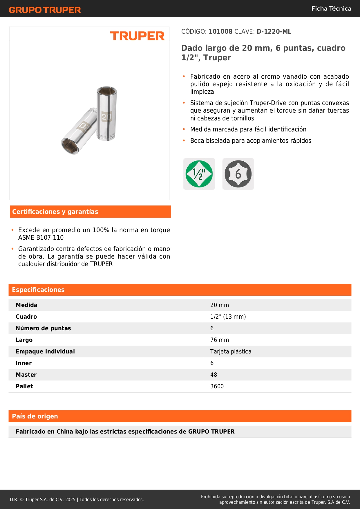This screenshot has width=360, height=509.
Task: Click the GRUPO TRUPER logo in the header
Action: [x=45, y=10]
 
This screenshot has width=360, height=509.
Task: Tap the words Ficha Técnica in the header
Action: [x=331, y=8]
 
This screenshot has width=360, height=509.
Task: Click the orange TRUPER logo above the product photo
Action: [x=137, y=36]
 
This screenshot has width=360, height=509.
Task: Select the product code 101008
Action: [x=220, y=32]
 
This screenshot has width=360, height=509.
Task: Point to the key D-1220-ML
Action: [x=274, y=32]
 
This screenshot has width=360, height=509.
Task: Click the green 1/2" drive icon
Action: [x=199, y=174]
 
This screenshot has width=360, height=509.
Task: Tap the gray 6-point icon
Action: [x=238, y=174]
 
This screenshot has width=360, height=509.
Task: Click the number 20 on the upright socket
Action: [x=106, y=117]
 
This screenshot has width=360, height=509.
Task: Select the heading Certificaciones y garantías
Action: [x=55, y=212]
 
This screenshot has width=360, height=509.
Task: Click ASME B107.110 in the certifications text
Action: [x=41, y=238]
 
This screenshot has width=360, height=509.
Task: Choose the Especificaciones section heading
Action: [x=38, y=290]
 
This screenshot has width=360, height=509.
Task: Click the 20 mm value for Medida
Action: [x=220, y=305]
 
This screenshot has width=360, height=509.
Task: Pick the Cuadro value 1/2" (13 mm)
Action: [x=228, y=317]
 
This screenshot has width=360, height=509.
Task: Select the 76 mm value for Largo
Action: [x=220, y=340]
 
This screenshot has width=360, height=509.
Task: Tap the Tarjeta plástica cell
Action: [x=231, y=352]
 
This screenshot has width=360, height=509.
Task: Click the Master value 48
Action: [x=214, y=375]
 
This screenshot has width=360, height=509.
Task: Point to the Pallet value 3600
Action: [x=217, y=387]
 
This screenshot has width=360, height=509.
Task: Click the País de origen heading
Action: [x=35, y=416]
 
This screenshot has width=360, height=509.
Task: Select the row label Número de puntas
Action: [x=43, y=328]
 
